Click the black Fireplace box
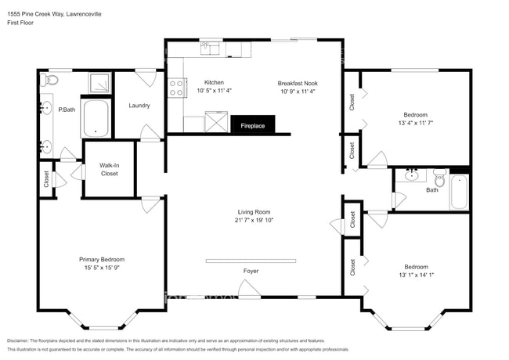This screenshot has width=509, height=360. tap(252, 125)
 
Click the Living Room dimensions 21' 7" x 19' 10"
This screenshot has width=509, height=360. tap(254, 221)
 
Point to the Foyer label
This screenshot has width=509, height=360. tap(251, 271)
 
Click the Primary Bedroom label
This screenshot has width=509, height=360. tap(101, 259)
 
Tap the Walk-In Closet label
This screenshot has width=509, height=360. tap(109, 169)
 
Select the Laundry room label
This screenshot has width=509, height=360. tap(139, 105)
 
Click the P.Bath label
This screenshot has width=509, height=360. tap(67, 110)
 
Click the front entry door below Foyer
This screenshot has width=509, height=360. tap(249, 293)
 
